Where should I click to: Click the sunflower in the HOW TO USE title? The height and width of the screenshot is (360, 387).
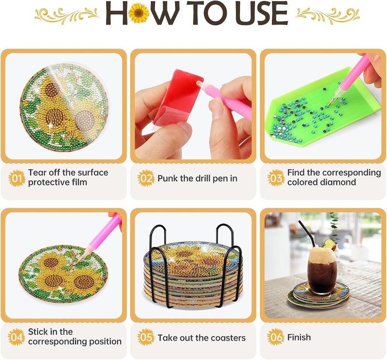[138, 14]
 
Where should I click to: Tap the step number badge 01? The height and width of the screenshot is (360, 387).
[16, 178]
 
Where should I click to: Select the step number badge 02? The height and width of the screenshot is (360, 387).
[146, 178]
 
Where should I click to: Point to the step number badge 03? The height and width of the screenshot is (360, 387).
[276, 178]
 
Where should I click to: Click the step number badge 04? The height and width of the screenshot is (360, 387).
[16, 337]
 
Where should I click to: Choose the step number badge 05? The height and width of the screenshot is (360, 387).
[146, 337]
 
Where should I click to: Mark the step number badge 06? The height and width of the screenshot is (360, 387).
[276, 337]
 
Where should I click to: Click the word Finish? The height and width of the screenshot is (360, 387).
[299, 337]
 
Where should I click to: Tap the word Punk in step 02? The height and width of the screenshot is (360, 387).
[168, 178]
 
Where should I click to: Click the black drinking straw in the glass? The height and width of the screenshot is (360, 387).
[306, 233]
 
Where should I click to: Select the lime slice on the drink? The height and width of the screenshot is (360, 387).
[328, 244]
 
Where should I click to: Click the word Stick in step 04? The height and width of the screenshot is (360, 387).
[38, 331]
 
